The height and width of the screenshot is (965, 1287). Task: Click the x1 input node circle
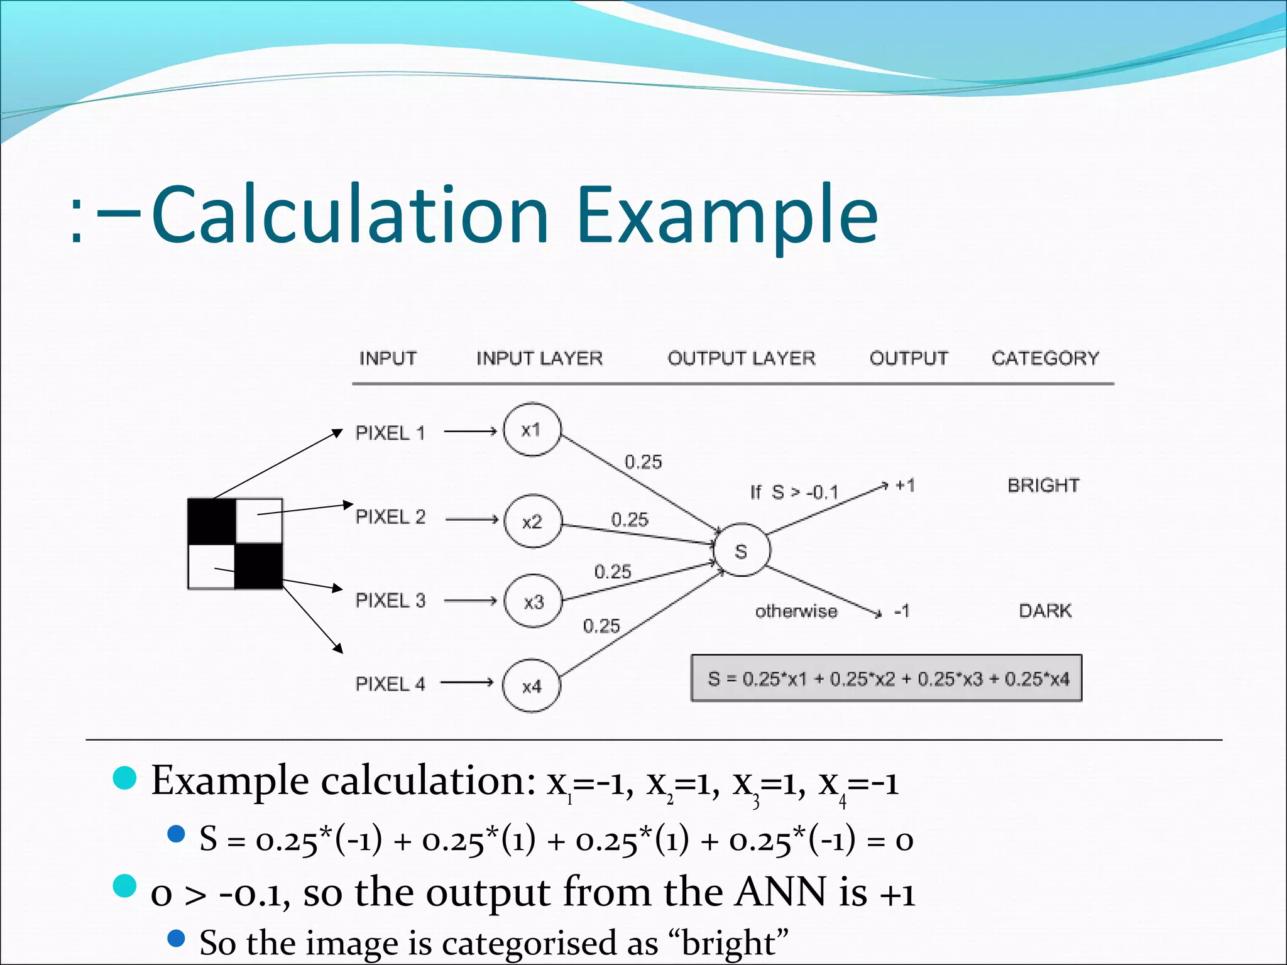point(532,430)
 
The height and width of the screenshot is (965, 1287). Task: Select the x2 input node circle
point(532,521)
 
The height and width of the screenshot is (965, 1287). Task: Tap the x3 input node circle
point(534,601)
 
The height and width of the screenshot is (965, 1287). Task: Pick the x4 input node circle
point(531,685)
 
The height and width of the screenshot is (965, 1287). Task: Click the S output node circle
point(742,550)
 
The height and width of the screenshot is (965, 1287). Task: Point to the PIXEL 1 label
point(390,433)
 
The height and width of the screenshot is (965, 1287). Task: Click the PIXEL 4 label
point(390,684)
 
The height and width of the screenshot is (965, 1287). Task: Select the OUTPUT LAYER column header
point(742,358)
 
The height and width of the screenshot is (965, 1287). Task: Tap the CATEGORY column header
point(1046,358)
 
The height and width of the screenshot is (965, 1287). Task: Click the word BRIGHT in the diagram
point(1043,485)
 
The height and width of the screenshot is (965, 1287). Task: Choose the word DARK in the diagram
point(1045,610)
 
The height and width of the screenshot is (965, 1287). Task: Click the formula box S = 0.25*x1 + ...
point(887,679)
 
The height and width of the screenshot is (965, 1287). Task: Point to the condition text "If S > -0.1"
point(794,492)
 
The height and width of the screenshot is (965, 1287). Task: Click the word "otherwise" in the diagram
point(796,611)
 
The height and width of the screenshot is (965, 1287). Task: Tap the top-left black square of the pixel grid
point(212,521)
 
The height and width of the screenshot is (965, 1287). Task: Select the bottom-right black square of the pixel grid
point(259,566)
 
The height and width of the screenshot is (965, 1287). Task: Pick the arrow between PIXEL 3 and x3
point(471,601)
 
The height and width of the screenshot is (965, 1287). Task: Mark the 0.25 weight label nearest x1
point(643,462)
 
